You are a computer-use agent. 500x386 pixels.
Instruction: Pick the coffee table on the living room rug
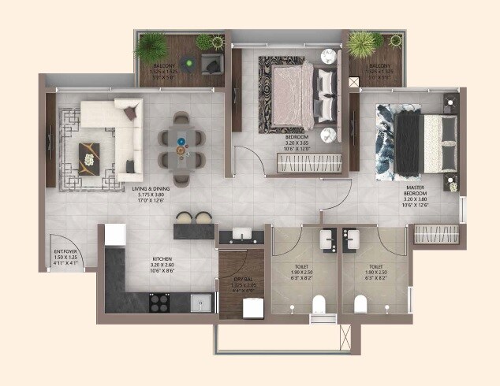pyautogui.click(x=90, y=152)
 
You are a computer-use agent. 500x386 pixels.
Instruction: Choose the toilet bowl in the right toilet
pyautogui.click(x=361, y=303)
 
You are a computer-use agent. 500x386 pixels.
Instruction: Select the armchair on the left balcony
pyautogui.click(x=211, y=63)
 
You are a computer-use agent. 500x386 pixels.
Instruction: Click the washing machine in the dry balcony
pyautogui.click(x=253, y=308)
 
